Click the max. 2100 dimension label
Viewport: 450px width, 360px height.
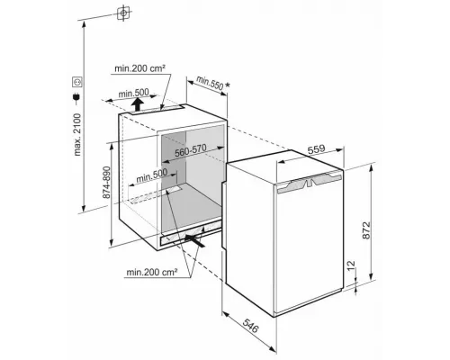[77, 135]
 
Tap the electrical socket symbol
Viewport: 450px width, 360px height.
[77, 82]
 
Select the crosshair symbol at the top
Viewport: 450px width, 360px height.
[123, 13]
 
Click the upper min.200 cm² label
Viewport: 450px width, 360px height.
[139, 68]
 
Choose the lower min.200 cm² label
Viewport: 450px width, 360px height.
[152, 272]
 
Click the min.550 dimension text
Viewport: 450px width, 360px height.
[210, 83]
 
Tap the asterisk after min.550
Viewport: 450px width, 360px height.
[228, 85]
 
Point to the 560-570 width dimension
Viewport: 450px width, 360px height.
[191, 151]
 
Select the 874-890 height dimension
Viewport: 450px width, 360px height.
[106, 183]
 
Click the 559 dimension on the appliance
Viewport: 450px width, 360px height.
[317, 149]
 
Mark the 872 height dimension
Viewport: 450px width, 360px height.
[366, 230]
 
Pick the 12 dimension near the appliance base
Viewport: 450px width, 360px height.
[351, 265]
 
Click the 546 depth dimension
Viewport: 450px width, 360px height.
[250, 326]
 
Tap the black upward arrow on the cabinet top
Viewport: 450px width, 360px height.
[137, 104]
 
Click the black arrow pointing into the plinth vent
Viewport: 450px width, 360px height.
[194, 240]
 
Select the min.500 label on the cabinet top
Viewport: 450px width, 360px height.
[133, 93]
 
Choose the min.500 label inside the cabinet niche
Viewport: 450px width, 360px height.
[151, 176]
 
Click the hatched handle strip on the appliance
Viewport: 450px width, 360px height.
[310, 182]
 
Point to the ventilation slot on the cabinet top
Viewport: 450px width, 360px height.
[157, 110]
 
